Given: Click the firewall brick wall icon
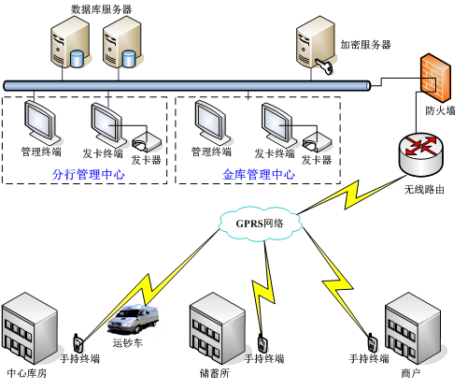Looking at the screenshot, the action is click(x=435, y=78).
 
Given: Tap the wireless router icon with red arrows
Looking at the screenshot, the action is click(x=421, y=153).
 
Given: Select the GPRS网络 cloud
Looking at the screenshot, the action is click(x=260, y=224).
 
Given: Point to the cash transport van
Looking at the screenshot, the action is click(x=134, y=320).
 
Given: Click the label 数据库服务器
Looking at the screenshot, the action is click(x=101, y=9).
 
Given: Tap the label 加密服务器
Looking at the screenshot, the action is click(x=365, y=45).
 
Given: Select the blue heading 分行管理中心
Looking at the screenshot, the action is click(x=89, y=175).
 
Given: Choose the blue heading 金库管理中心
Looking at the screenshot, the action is click(x=259, y=175).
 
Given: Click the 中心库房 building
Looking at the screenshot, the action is click(x=30, y=328).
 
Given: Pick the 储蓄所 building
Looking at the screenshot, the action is click(x=218, y=328).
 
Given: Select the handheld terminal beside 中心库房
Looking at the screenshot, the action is click(x=78, y=343).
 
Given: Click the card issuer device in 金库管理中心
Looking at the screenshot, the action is click(x=317, y=143).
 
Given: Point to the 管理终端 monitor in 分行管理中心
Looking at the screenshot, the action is click(x=41, y=123).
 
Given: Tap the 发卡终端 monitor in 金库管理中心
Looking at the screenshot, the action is click(x=278, y=125).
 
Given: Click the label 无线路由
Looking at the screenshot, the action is click(x=424, y=190).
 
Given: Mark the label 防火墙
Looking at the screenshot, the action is click(x=440, y=110).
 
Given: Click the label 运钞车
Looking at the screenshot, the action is click(x=128, y=343).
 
